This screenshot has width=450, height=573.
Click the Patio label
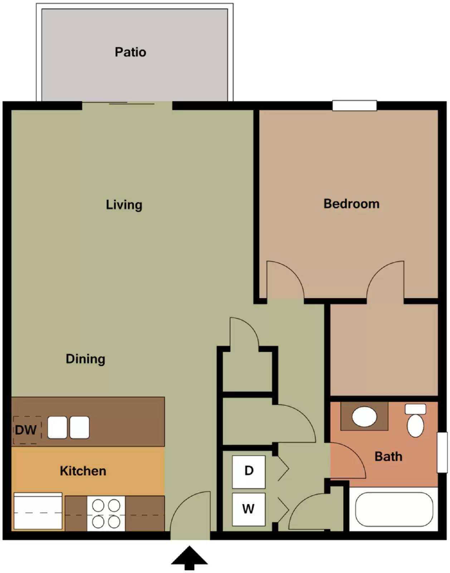tap(130, 52)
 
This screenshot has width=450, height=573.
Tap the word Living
tap(124, 205)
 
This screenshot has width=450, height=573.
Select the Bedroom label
tap(351, 204)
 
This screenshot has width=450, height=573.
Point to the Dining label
tap(85, 359)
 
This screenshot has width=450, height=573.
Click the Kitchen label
tap(83, 471)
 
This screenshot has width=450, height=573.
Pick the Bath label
tap(388, 457)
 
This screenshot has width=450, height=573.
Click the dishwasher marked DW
tap(26, 429)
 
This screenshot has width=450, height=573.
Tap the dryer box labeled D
tap(249, 471)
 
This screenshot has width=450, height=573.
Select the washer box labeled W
tap(249, 509)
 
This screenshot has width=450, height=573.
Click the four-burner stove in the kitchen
tap(106, 514)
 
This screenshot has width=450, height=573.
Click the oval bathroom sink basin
tap(364, 416)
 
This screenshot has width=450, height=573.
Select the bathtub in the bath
tap(394, 509)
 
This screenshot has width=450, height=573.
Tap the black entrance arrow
tap(189, 557)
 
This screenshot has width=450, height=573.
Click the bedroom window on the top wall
tap(354, 106)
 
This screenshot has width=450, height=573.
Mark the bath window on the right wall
tap(442, 452)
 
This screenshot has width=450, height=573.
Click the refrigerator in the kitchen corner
tap(38, 511)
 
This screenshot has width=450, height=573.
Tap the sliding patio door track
tap(132, 104)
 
